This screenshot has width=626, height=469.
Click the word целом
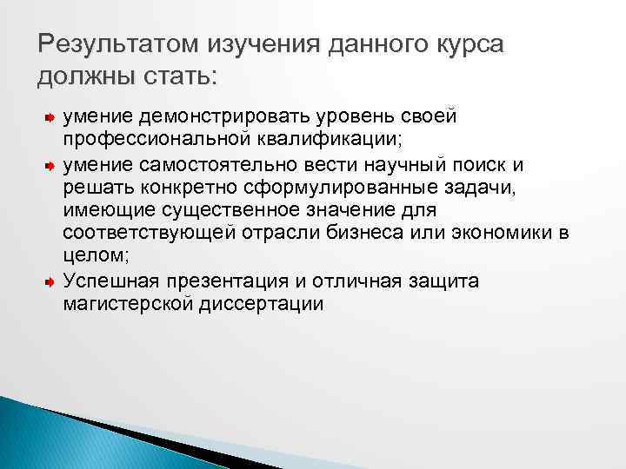pyautogui.click(x=93, y=258)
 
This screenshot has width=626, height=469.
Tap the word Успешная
pyautogui.click(x=101, y=281)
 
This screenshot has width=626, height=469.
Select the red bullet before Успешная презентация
pyautogui.click(x=50, y=282)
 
